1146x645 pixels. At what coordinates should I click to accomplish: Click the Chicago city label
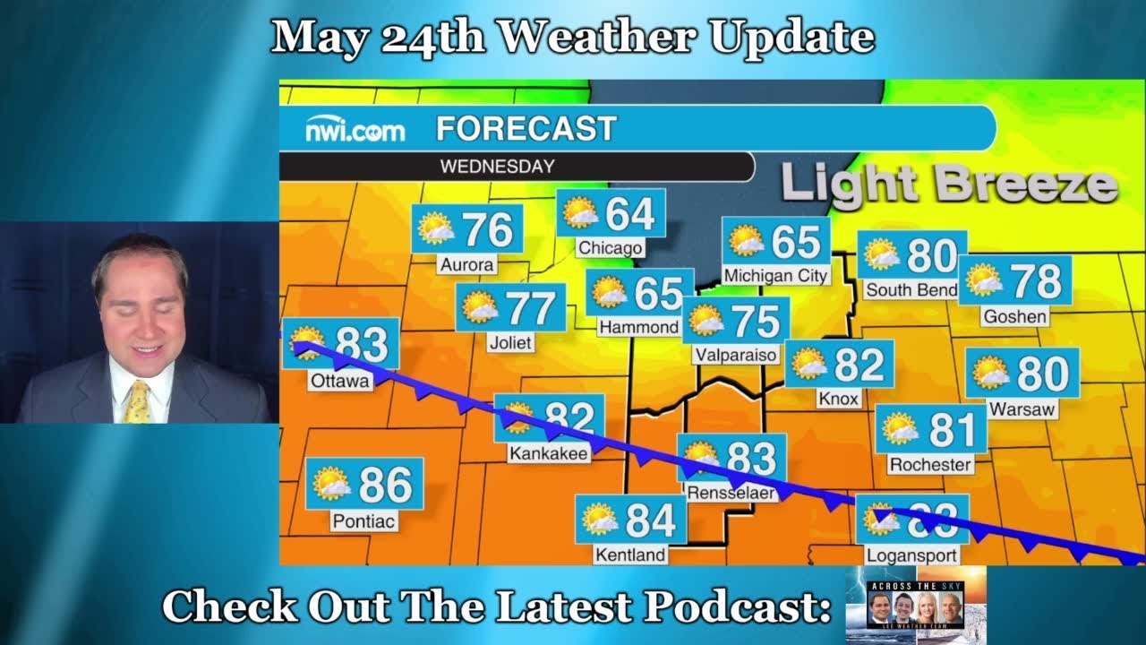(610, 248)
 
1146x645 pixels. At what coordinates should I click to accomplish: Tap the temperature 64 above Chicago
(629, 213)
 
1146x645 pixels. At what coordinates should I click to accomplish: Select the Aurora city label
(466, 265)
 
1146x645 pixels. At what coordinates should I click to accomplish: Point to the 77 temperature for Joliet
(531, 308)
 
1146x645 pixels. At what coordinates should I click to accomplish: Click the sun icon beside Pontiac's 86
(331, 484)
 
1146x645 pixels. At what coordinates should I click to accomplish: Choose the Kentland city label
(630, 555)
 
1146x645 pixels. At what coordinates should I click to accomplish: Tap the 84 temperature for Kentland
(650, 520)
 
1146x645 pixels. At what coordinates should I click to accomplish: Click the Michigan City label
(775, 276)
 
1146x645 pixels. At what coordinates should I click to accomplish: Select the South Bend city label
(911, 289)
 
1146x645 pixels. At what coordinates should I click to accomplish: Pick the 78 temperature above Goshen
(1037, 281)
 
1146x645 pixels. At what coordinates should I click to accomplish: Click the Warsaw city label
(1022, 409)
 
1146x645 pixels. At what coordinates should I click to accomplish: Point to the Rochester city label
(930, 465)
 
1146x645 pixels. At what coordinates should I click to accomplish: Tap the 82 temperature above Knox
(859, 365)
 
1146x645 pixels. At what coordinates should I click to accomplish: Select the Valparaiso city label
(735, 356)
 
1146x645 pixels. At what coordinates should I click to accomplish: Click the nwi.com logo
(355, 131)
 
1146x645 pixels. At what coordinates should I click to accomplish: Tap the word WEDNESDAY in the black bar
(497, 167)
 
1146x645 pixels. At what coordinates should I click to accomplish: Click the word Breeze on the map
(1027, 183)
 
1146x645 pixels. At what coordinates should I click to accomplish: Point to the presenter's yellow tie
(138, 401)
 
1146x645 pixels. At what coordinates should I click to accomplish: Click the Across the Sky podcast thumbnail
(915, 604)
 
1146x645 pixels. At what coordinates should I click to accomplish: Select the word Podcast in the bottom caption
(737, 607)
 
